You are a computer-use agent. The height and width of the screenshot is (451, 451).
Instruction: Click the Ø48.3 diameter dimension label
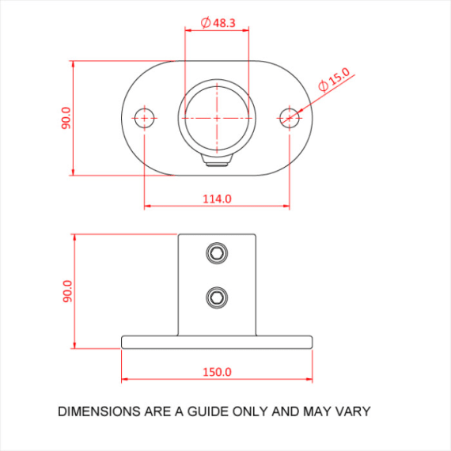[x=218, y=23]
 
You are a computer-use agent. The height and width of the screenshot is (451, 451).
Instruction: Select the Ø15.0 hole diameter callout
[x=334, y=79]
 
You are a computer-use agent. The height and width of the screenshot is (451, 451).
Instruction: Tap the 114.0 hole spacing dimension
[x=217, y=199]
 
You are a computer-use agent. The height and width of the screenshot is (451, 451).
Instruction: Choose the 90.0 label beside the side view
[x=66, y=290]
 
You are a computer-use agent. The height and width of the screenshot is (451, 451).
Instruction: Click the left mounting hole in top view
[x=144, y=118]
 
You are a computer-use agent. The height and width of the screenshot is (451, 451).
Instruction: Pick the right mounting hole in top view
[x=290, y=118]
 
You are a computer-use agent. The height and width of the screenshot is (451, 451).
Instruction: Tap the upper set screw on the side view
[x=217, y=253]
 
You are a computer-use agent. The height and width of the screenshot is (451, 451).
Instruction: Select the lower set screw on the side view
[x=217, y=298]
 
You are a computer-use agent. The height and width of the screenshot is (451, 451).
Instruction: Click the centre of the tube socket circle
[x=217, y=118]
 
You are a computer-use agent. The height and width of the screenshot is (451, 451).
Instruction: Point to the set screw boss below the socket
[x=217, y=161]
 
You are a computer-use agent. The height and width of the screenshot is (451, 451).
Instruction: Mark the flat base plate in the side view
[x=217, y=342]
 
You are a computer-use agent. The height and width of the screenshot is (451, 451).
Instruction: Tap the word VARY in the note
[x=353, y=411]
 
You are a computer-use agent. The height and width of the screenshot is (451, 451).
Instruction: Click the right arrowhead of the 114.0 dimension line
[x=286, y=207]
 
